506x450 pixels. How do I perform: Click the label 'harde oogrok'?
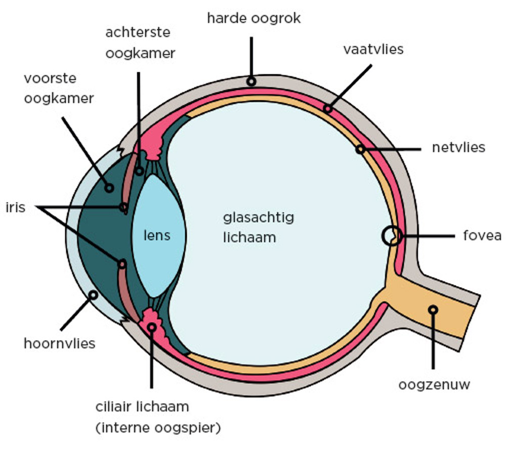click(254, 18)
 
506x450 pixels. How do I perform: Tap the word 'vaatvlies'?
click(373, 50)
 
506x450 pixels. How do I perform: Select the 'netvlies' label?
click(458, 147)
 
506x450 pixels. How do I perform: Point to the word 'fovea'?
click(482, 236)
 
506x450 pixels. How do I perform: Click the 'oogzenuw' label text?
click(434, 385)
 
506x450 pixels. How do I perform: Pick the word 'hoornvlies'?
click(60, 344)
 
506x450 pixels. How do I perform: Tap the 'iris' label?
click(16, 207)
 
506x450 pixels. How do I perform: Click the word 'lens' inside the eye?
click(157, 235)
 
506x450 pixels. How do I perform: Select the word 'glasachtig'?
click(259, 218)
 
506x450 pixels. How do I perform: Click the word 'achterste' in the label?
click(138, 32)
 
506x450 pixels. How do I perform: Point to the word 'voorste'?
click(50, 78)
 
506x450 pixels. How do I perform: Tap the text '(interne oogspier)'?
click(158, 428)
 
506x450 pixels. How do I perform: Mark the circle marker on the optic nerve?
click(433, 310)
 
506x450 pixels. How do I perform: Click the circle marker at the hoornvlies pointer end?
click(93, 295)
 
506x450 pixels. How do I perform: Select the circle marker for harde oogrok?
click(251, 81)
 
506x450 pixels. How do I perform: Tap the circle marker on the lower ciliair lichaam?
click(152, 328)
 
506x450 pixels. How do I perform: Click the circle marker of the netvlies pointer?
click(360, 149)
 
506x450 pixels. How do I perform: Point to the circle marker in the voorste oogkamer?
click(109, 188)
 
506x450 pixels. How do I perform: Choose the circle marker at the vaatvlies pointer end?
click(328, 109)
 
